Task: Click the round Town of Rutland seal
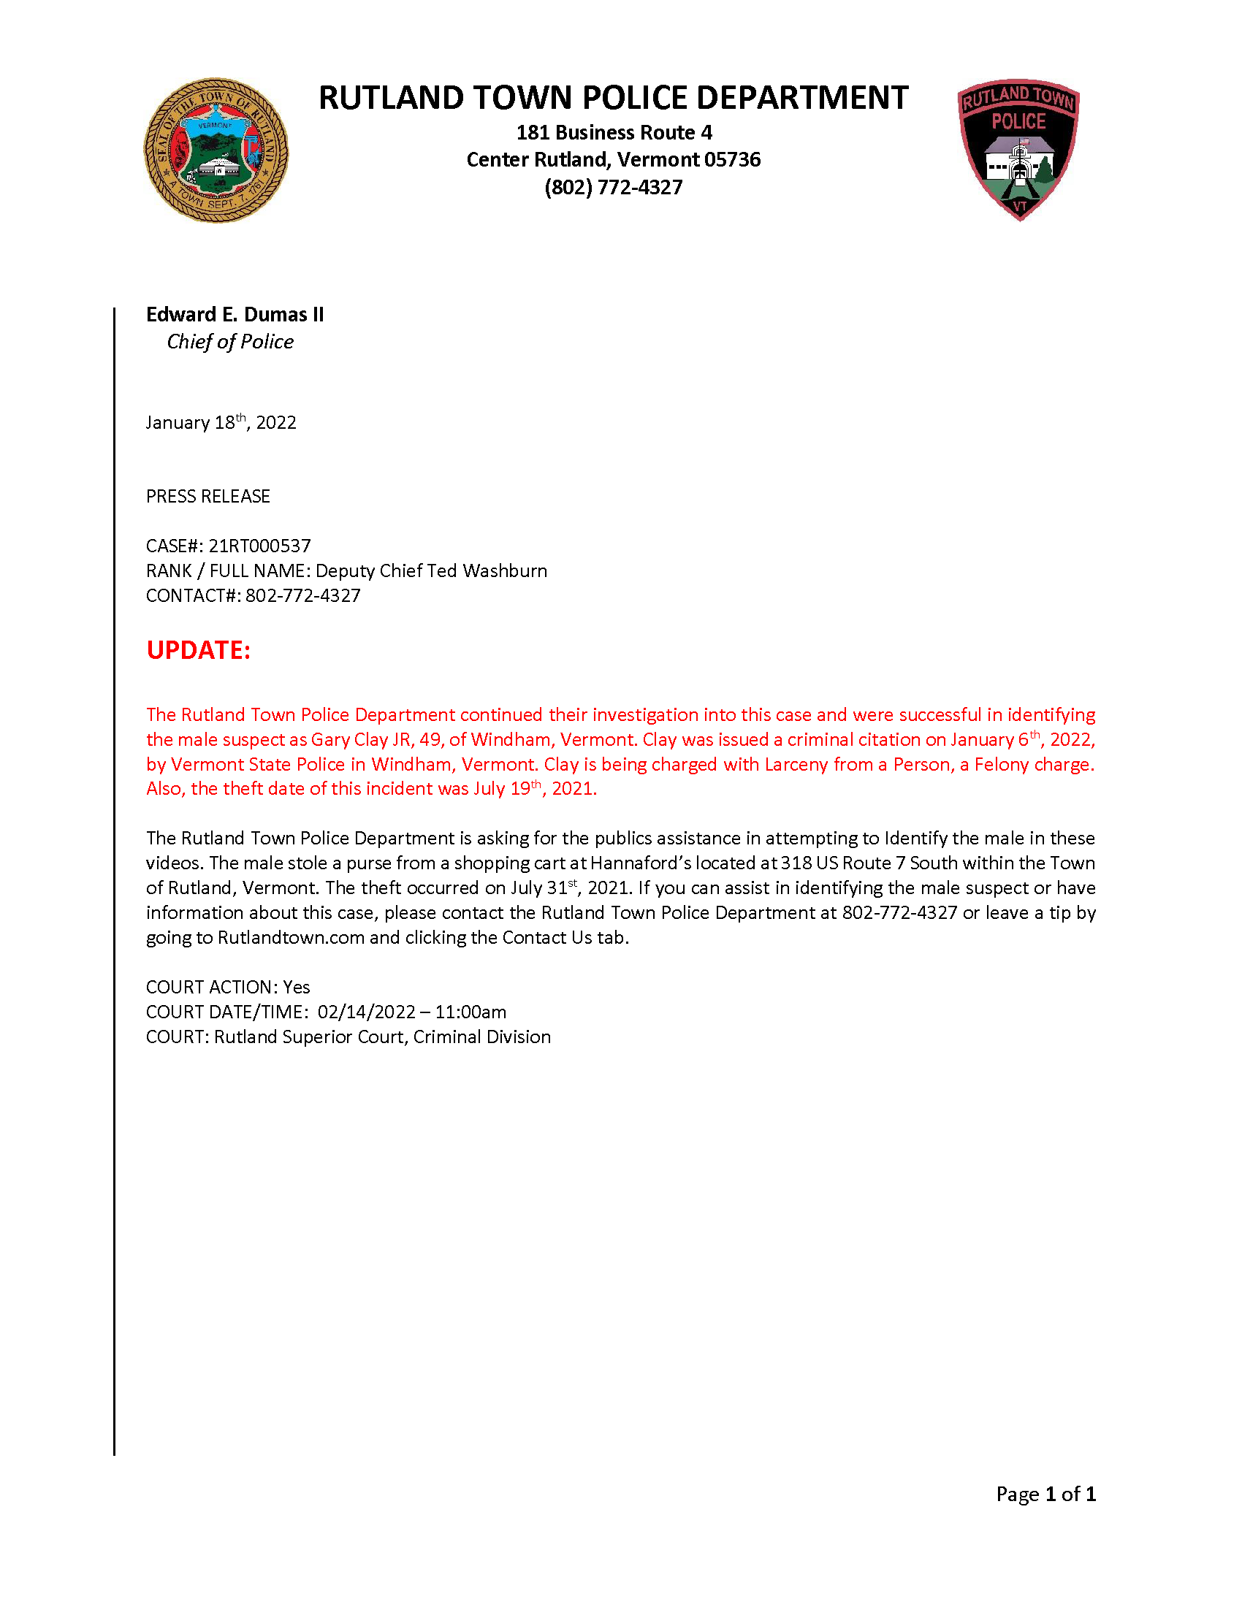(x=216, y=150)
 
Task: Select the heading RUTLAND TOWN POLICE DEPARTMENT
(x=613, y=98)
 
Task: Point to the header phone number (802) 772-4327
(x=613, y=187)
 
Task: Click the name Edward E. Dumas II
(x=235, y=315)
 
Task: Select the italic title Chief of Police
(x=229, y=342)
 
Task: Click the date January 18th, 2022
(x=221, y=422)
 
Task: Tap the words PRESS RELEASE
(x=208, y=497)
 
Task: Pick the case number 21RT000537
(x=260, y=546)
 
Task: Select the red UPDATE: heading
(x=198, y=650)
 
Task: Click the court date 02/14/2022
(x=367, y=1012)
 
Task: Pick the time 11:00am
(x=470, y=1012)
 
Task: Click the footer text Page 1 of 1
(x=1045, y=1494)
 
